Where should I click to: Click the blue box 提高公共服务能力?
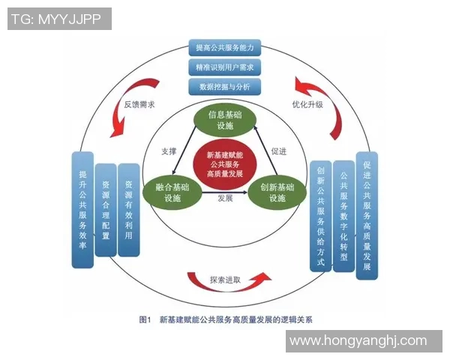pos(225,48)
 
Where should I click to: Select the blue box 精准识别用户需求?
pos(225,67)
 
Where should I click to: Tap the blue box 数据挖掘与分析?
pos(225,87)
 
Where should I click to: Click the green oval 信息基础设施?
pos(225,121)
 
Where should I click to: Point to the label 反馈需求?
pos(139,104)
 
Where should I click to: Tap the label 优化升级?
pos(307,104)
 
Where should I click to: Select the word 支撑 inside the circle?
pos(169,151)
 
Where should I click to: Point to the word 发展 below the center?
pos(225,199)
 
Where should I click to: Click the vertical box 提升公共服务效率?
pos(82,209)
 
